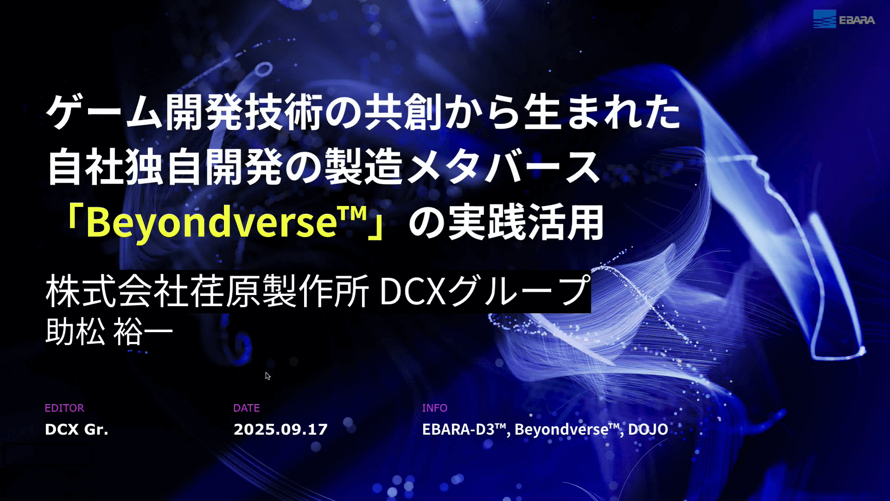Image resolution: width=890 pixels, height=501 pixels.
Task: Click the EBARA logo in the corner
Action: coord(844,19)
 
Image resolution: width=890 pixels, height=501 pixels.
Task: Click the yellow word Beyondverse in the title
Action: coord(211,222)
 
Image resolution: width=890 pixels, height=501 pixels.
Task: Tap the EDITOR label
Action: coord(64,408)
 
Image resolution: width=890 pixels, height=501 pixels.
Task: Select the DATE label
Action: coord(247,408)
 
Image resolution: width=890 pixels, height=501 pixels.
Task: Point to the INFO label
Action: coord(434,408)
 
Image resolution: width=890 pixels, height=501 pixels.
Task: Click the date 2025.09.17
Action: coord(280,429)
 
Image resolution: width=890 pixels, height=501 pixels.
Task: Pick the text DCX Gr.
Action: coord(76,429)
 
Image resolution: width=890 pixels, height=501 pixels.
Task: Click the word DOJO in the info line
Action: coord(648,429)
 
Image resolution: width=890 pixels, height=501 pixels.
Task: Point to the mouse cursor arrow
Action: coord(268,376)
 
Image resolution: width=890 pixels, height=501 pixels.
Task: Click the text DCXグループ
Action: coord(485,291)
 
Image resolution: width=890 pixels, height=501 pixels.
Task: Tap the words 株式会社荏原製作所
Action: coord(207,291)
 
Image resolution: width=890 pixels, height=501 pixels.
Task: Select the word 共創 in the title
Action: coord(403,112)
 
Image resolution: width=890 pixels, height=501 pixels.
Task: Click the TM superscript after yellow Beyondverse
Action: coord(352,214)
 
